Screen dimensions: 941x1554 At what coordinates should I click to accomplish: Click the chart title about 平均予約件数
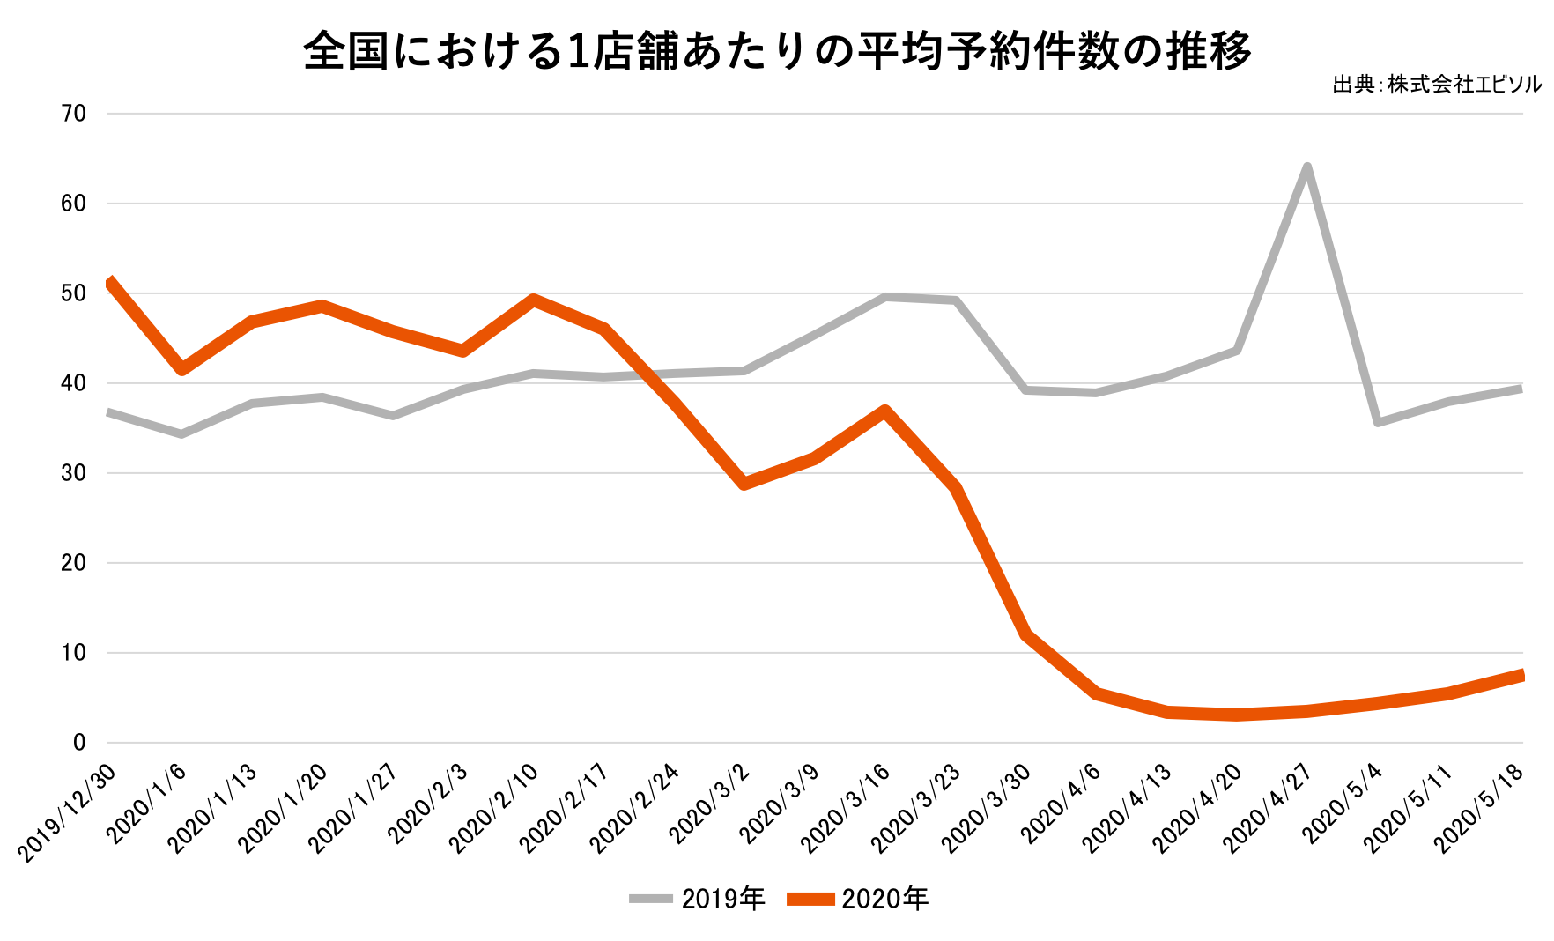777,51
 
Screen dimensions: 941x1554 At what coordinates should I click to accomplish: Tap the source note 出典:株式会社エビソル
1437,85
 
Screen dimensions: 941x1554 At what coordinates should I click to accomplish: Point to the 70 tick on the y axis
74,114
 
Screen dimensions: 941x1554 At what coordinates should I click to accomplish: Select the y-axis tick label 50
74,293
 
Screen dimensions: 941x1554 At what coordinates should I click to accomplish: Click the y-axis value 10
74,653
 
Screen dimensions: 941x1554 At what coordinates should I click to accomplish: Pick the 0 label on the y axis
79,743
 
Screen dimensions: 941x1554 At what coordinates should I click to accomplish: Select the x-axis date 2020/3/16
847,809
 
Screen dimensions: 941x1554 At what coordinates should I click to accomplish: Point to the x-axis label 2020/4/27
1269,809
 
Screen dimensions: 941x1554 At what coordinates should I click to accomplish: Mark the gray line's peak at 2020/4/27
1306,167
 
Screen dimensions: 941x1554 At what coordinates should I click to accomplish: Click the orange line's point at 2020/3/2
744,483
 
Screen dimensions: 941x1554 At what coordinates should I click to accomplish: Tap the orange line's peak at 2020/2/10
533,300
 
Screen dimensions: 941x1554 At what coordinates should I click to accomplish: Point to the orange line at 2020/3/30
1025,634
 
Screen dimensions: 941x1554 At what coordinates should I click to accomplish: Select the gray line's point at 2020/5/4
1377,422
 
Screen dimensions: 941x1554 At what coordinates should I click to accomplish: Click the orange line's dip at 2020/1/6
181,368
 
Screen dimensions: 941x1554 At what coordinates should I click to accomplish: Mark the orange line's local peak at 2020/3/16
884,411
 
